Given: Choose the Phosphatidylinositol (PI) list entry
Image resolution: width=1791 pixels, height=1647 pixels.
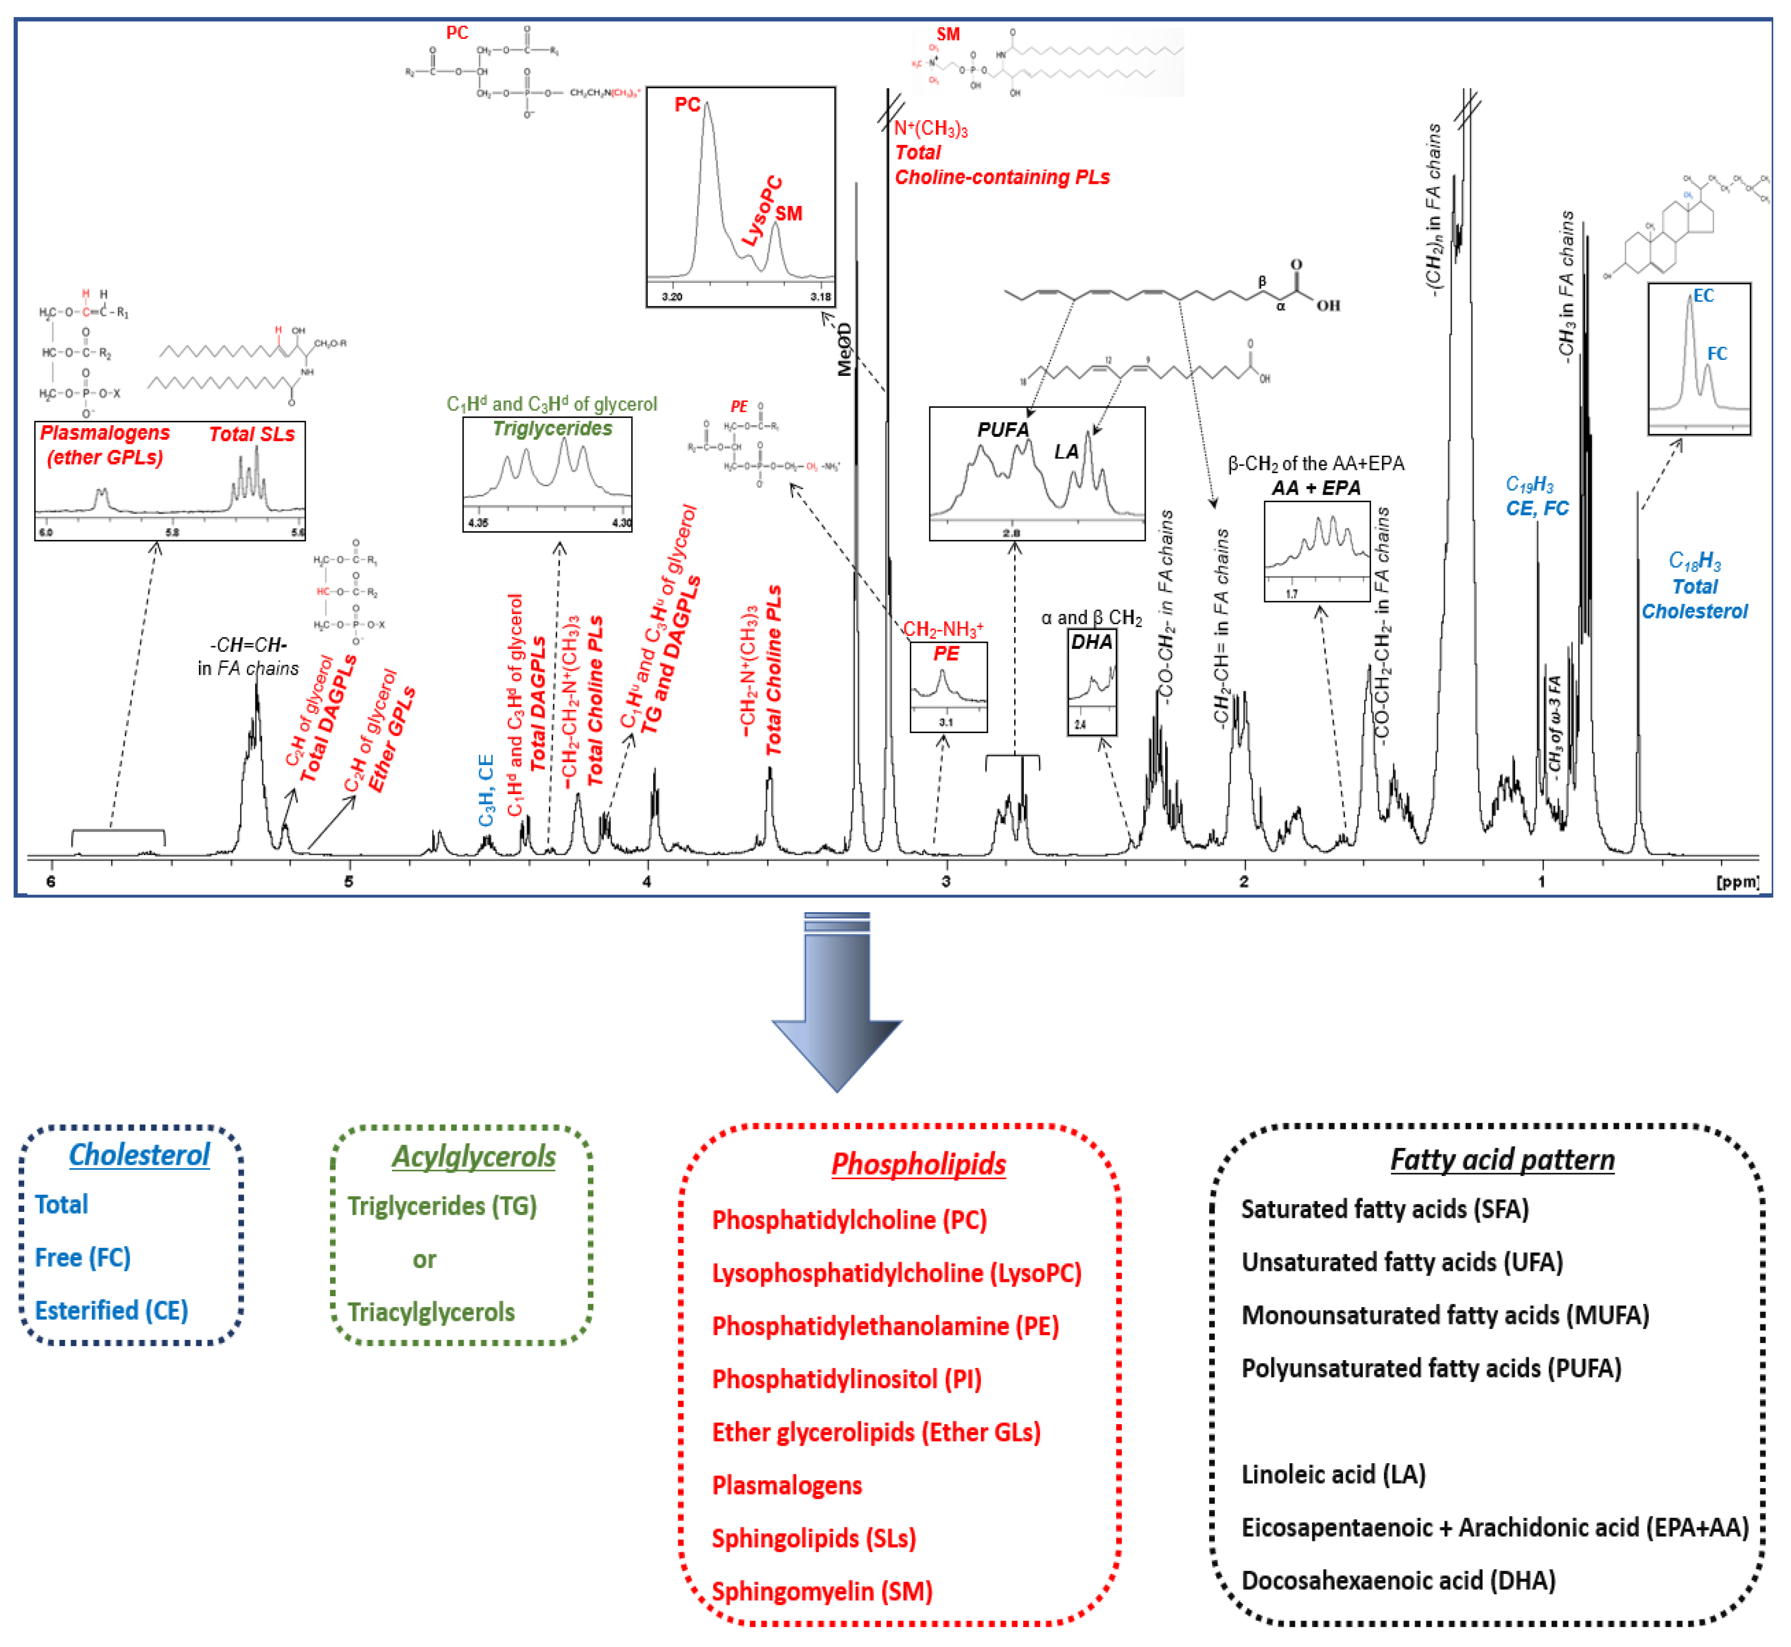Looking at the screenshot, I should tap(846, 1380).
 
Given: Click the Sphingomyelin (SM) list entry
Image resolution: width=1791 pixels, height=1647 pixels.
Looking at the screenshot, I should tap(822, 1592).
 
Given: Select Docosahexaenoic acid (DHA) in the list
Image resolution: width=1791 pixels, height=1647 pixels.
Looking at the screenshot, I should tap(1398, 1581).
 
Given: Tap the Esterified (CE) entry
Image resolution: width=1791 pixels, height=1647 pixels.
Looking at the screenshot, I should tap(112, 1311).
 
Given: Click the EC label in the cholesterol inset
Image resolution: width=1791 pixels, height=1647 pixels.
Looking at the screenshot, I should tap(1703, 296).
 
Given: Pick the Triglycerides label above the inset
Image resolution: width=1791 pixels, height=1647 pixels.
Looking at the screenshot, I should tap(552, 429).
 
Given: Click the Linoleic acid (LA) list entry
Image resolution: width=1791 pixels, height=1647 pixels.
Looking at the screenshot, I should tap(1333, 1475).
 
